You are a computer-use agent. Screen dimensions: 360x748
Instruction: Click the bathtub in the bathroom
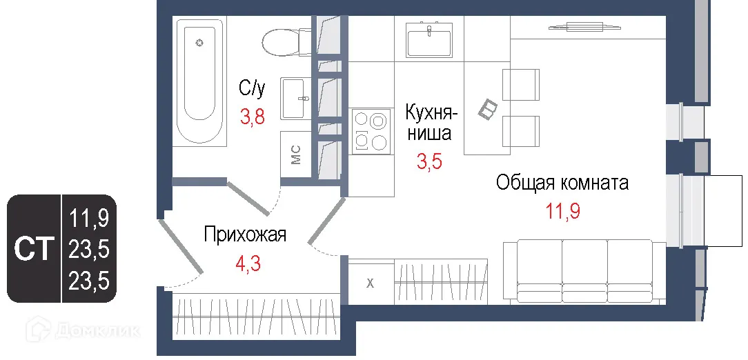coord(200,81)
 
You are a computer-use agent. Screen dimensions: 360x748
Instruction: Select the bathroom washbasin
coord(293,99)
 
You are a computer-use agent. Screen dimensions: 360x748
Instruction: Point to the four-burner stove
coord(369,131)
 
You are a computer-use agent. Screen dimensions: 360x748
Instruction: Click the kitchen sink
coord(429,39)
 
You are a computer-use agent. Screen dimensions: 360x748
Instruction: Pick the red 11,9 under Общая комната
coord(562,211)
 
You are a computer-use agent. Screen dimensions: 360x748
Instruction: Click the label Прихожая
coord(244,235)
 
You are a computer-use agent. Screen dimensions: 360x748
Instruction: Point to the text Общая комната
coord(562,183)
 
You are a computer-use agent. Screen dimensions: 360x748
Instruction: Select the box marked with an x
coord(370,282)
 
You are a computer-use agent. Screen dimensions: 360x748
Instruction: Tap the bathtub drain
coord(199,43)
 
